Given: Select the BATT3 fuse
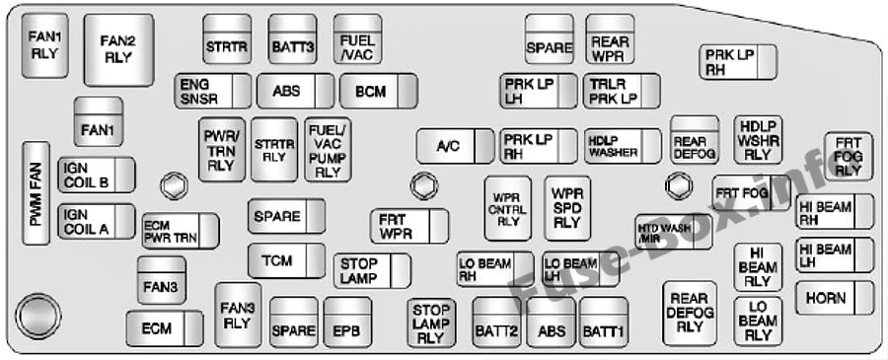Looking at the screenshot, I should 293,40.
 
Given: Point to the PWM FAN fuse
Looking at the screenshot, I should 37,195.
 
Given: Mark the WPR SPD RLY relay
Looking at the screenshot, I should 566,208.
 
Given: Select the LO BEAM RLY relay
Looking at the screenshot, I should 756,321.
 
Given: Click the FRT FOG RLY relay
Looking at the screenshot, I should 848,157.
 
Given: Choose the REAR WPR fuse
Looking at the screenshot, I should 610,38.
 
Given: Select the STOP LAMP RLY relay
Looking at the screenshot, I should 429,323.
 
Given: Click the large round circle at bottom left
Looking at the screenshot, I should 38,314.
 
